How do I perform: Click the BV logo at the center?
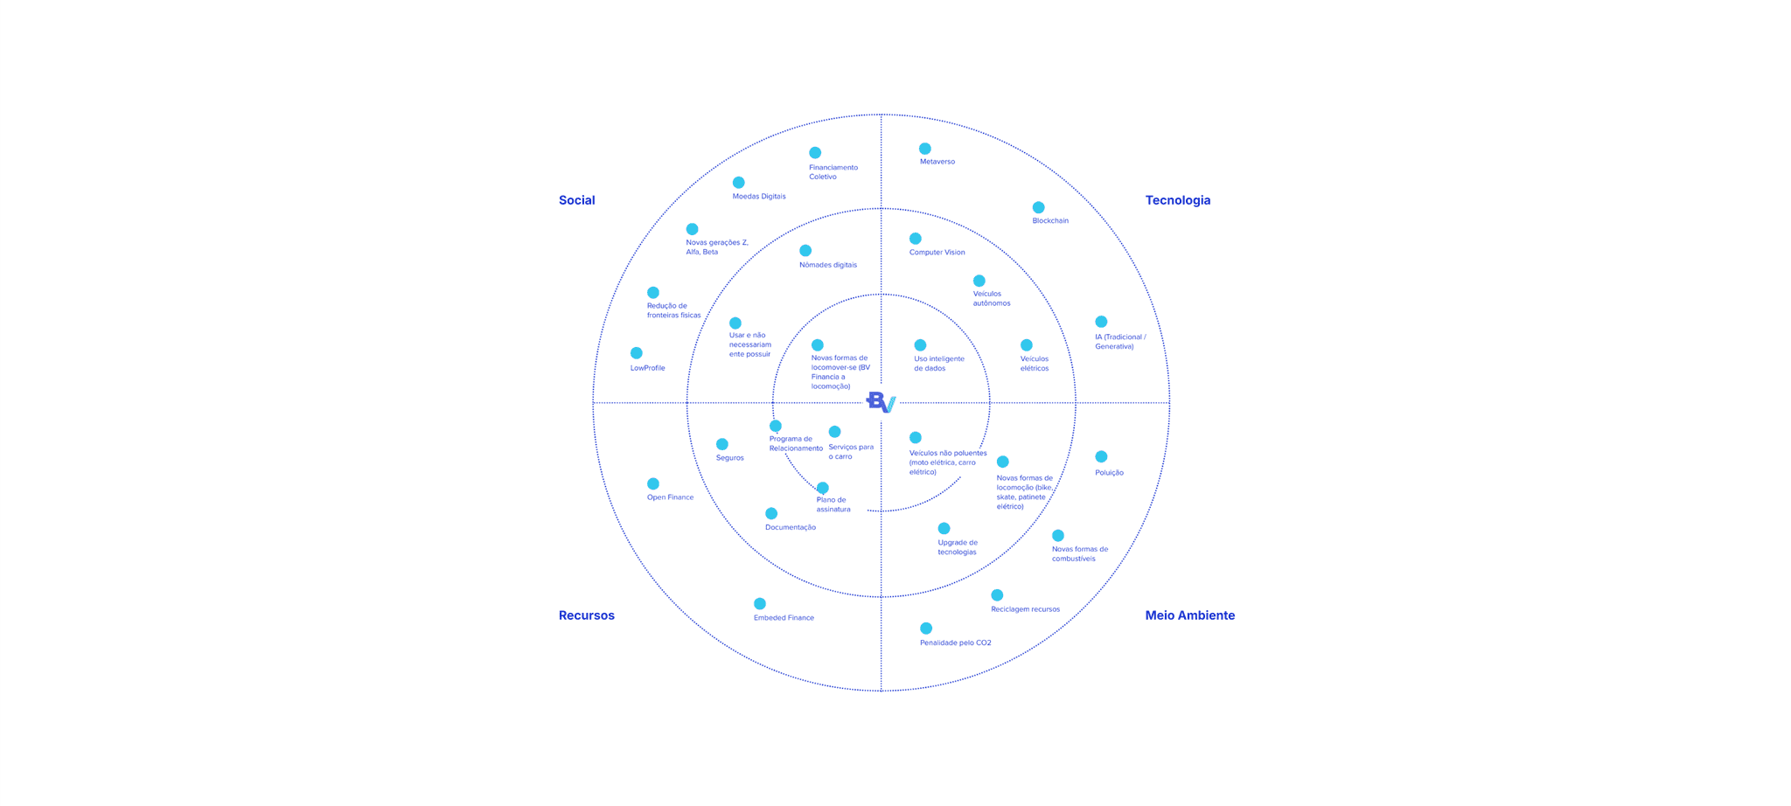tap(881, 402)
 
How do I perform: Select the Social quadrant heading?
tap(576, 200)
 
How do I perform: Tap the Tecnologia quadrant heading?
tap(1177, 200)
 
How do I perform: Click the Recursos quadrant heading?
tap(586, 615)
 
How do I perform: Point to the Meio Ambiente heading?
tap(1189, 615)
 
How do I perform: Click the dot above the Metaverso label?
tap(924, 149)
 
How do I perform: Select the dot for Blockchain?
tap(1038, 207)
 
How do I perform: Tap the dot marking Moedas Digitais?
tap(738, 183)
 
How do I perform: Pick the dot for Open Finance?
tap(652, 483)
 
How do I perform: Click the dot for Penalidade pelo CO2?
tap(925, 629)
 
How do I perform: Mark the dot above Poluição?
tap(1101, 456)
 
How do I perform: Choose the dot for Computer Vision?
tap(915, 239)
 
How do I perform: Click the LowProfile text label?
tap(647, 368)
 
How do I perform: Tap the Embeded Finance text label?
tap(784, 618)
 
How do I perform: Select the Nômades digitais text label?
tap(827, 265)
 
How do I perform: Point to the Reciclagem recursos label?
tap(1025, 609)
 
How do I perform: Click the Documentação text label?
tap(790, 527)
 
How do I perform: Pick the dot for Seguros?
tap(721, 444)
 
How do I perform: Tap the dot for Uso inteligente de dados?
tap(920, 345)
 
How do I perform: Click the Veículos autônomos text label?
tap(991, 298)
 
